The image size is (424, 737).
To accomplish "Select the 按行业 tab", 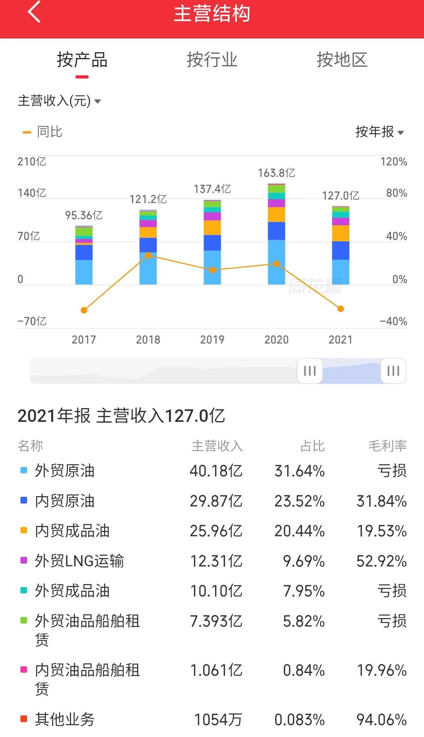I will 212,60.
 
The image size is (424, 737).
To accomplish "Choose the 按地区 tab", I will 342,60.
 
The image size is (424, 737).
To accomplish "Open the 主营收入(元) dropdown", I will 59,101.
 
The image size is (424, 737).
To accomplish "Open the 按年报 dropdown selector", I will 379,132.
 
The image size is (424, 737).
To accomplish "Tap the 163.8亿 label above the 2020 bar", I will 276,173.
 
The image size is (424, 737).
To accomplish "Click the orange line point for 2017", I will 84,310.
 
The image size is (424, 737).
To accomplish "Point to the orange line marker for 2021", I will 341,309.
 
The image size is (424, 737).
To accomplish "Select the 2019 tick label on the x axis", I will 212,339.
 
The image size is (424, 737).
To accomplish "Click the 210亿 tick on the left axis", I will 32,161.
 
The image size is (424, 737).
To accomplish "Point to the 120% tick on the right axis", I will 393,161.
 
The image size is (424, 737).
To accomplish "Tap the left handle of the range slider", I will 310,370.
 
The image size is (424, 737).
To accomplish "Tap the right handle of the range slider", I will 393,370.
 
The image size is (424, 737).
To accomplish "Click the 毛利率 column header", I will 387,446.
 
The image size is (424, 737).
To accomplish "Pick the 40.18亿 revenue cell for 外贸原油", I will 216,471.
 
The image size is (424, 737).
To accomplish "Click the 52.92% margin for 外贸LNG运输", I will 381,561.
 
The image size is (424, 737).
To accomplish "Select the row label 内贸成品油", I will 72,531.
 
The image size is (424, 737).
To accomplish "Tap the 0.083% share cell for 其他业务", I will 299,720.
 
